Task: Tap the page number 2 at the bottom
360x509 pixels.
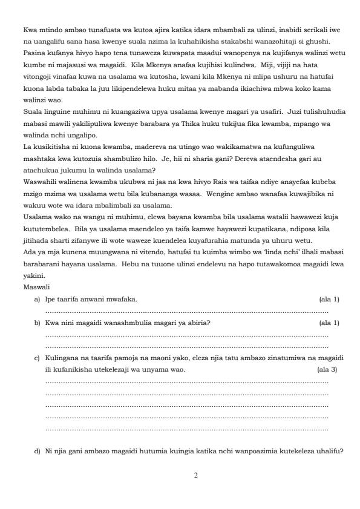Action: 195,476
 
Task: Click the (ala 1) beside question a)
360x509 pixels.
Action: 329,299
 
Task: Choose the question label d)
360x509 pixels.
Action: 38,452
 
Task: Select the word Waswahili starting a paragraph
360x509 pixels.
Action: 39,181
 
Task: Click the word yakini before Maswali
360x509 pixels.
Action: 32,275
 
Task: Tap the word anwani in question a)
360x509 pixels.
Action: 91,299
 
